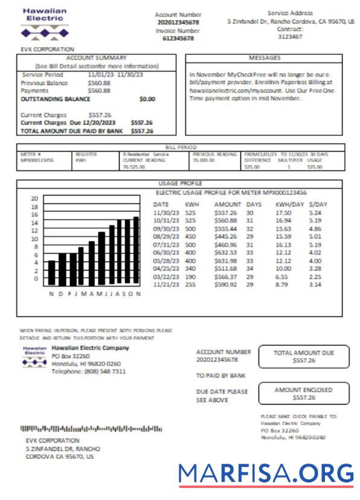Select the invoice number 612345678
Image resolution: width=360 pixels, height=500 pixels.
(178, 38)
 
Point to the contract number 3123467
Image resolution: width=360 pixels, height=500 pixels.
(290, 36)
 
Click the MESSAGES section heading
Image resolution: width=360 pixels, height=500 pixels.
(265, 58)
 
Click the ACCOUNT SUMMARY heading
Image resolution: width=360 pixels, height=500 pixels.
(96, 58)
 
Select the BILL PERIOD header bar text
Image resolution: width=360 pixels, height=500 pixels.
(180, 147)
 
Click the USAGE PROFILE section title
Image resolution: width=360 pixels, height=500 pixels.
(180, 183)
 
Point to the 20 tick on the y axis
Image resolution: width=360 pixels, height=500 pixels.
(34, 199)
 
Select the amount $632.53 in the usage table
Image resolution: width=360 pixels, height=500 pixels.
(227, 252)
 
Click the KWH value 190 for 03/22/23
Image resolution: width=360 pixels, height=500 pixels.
(190, 276)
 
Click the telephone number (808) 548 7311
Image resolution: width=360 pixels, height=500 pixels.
(89, 371)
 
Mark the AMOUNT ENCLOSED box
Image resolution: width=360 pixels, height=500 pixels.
(303, 394)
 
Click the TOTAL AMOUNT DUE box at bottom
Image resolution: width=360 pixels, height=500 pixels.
(303, 356)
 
